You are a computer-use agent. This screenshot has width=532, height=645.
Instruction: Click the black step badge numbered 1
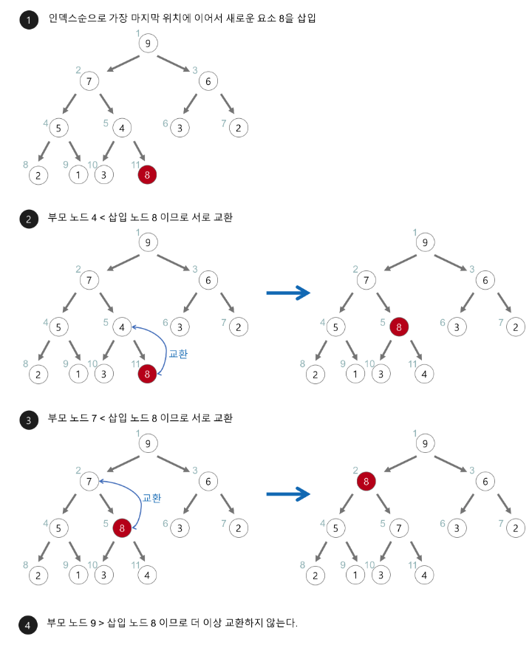29,21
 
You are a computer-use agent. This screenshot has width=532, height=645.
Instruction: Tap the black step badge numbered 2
29,219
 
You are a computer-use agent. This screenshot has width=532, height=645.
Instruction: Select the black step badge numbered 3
29,420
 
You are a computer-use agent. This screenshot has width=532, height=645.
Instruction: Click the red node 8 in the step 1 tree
147,175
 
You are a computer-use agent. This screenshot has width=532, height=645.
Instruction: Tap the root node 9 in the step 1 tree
148,44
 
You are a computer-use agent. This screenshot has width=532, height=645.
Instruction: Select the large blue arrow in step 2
287,293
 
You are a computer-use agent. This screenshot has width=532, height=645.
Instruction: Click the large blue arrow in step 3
287,494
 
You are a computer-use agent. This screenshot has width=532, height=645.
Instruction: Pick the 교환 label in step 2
178,354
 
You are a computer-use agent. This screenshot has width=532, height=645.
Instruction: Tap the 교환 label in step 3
151,498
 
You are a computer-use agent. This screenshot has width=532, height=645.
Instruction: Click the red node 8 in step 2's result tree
398,327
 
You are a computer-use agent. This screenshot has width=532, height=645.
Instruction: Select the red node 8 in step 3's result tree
365,482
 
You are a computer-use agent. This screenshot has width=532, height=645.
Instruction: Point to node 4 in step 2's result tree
424,374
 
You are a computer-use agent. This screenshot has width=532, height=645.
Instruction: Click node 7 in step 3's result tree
398,528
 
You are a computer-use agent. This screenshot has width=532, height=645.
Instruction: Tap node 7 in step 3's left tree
89,482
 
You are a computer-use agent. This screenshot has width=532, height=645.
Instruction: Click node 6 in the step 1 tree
208,81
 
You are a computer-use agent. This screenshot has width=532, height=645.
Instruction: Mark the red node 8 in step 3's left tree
122,528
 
